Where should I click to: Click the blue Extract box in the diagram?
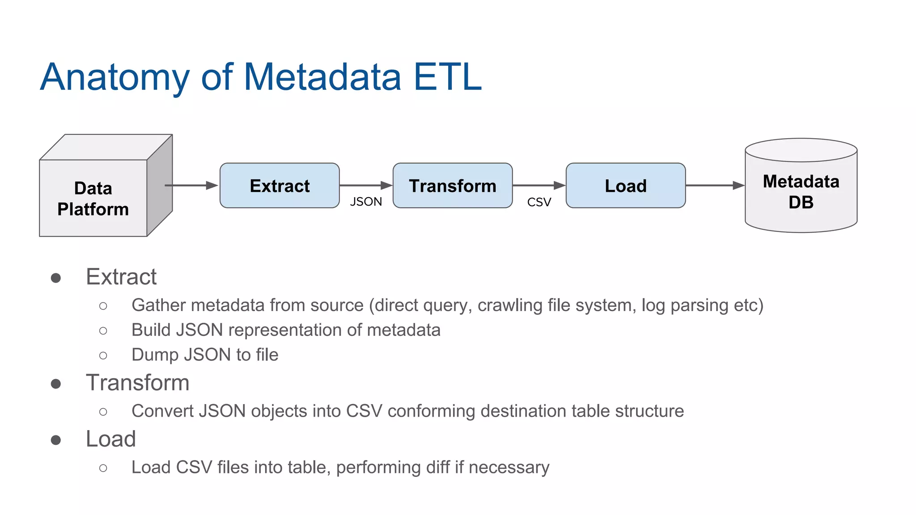[x=280, y=186]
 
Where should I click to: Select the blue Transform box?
[x=452, y=186]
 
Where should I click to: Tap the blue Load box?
[x=625, y=186]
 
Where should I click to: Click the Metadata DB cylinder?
[x=801, y=192]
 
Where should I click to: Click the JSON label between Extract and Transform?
[x=366, y=202]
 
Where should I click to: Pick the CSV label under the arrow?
[x=539, y=202]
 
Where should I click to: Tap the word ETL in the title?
[x=448, y=77]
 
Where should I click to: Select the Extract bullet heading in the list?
[x=121, y=277]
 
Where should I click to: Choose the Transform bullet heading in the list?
[x=137, y=383]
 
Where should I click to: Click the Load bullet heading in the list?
[x=110, y=439]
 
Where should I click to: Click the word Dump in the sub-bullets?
[x=155, y=355]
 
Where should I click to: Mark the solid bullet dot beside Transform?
[x=56, y=384]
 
